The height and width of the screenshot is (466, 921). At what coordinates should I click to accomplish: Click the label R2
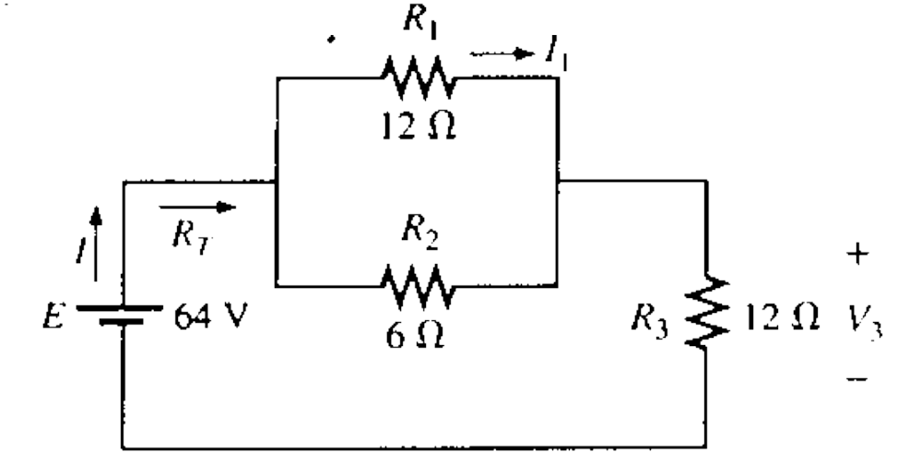[417, 236]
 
